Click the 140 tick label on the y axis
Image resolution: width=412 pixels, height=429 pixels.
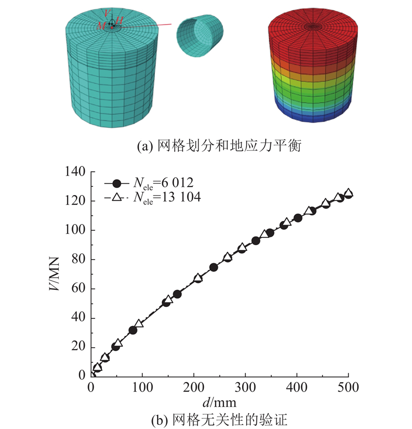(76, 171)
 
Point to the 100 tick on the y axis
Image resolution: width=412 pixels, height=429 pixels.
(76, 230)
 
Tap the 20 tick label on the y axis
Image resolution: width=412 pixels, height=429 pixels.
(79, 347)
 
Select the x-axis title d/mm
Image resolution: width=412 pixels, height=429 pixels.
(220, 399)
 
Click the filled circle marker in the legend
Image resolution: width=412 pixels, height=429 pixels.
(117, 183)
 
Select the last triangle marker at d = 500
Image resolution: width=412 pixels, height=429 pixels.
(348, 193)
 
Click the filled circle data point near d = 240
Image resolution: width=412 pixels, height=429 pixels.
(214, 267)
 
